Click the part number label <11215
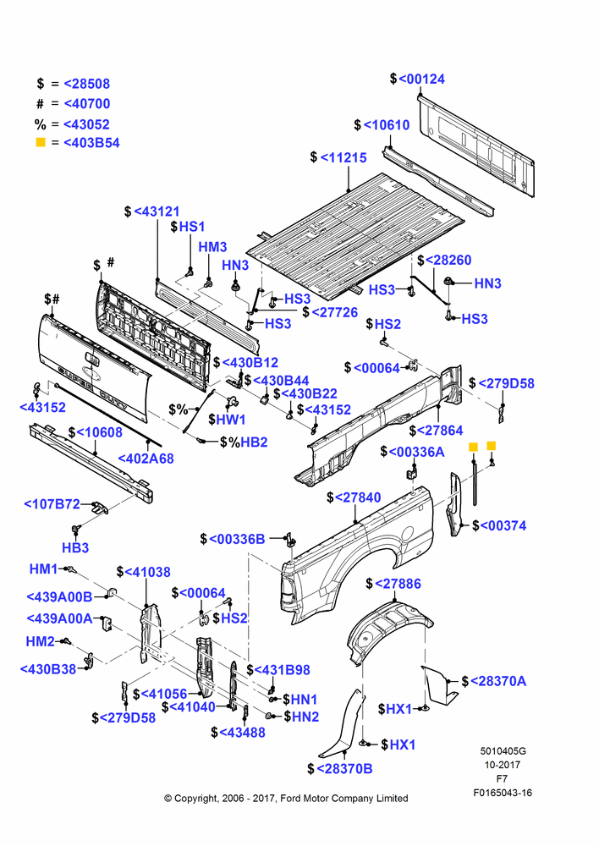click(x=343, y=157)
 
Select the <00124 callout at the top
click(x=422, y=79)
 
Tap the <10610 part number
click(x=387, y=124)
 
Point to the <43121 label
click(x=157, y=211)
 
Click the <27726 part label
click(x=335, y=312)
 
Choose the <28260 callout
click(x=448, y=260)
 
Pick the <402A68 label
click(x=146, y=459)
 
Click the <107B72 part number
click(x=52, y=504)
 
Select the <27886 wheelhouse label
click(x=398, y=584)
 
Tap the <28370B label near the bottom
click(x=344, y=769)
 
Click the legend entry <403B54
click(x=91, y=143)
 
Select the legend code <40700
click(x=87, y=103)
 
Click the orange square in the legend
click(x=41, y=142)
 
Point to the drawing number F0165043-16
click(x=503, y=793)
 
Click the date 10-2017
click(x=503, y=765)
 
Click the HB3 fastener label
click(x=75, y=547)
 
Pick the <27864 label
click(x=440, y=431)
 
